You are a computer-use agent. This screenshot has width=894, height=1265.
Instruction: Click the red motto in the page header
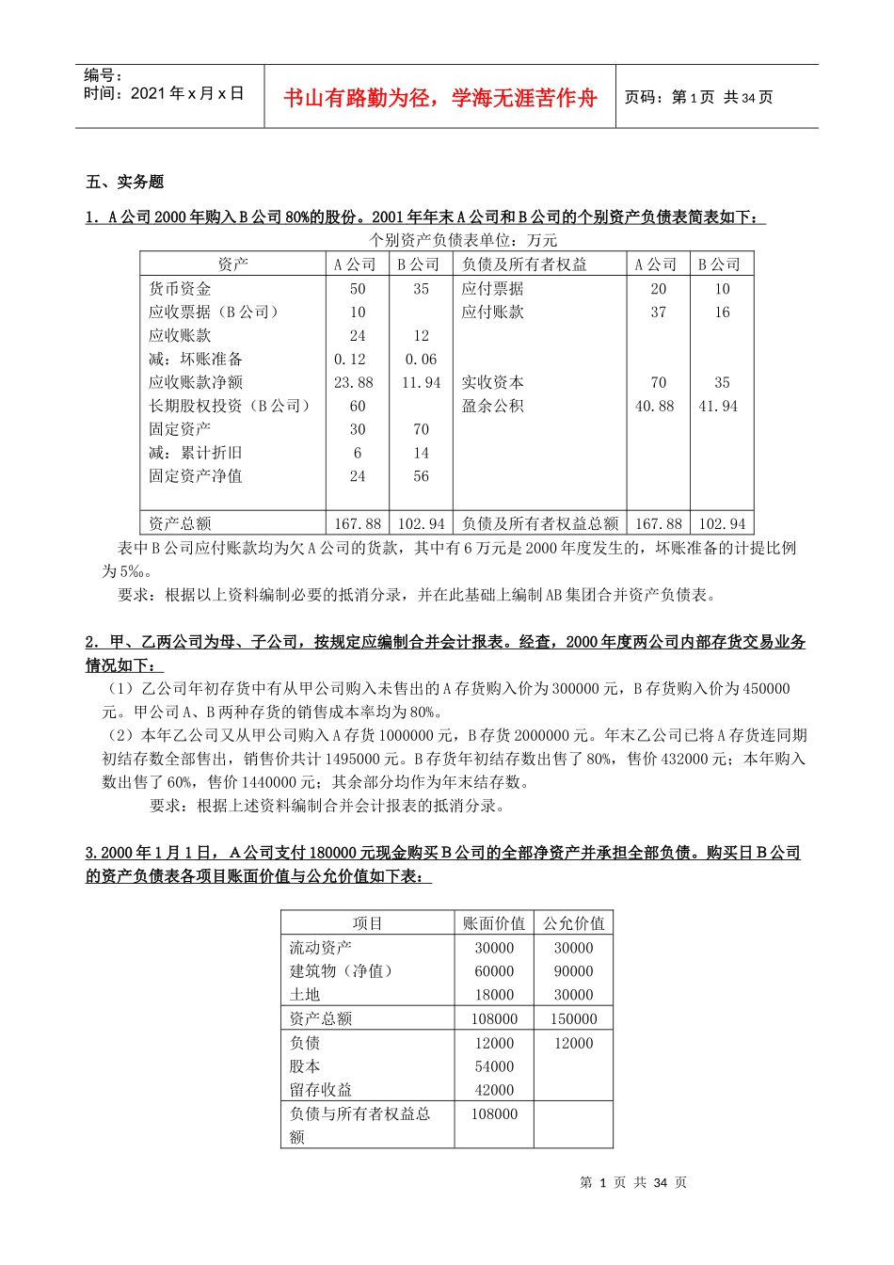440,98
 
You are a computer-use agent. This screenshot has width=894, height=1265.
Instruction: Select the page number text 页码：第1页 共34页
698,98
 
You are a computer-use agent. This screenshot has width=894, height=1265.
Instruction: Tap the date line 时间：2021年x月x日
164,93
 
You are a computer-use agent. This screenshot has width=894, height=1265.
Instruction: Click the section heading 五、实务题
125,182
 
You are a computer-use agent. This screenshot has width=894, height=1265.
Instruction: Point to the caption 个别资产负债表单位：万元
463,240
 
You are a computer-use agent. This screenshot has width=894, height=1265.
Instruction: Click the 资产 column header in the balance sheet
232,264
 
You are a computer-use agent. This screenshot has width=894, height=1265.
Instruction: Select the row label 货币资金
180,289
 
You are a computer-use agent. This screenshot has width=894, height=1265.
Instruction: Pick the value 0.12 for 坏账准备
350,360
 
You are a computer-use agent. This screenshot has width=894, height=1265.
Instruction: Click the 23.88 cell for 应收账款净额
354,383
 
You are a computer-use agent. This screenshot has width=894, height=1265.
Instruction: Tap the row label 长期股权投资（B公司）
230,406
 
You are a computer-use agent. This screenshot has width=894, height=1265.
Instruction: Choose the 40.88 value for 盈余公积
655,407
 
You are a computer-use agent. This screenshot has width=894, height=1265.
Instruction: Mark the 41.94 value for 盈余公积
718,407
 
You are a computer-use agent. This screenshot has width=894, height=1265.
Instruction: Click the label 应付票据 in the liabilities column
492,289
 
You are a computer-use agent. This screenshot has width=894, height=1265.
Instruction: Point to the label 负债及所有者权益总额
540,523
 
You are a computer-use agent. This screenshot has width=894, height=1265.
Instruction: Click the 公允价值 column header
573,923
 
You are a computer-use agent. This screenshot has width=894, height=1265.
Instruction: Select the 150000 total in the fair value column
573,1019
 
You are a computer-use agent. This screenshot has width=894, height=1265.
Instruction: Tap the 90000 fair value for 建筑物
573,971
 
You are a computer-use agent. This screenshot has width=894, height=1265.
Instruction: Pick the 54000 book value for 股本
494,1066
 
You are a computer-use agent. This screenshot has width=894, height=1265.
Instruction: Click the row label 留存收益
320,1090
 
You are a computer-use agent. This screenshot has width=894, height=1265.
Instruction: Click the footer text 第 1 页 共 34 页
633,1182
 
